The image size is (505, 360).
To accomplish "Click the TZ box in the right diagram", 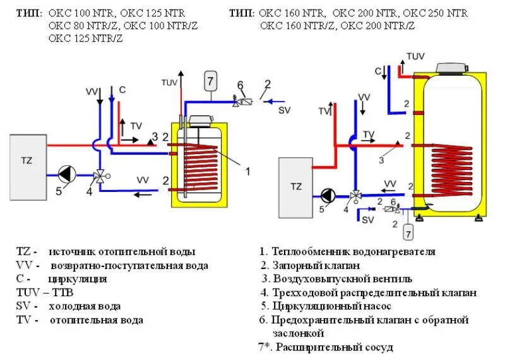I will tap(296, 186).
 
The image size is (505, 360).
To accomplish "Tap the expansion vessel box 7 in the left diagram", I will tap(211, 81).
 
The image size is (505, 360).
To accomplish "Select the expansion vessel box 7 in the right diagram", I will tap(408, 234).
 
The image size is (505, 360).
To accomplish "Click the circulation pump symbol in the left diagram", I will tap(66, 172).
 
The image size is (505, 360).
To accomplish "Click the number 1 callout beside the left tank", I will tap(247, 171).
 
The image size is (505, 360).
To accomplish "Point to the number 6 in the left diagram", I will tap(240, 85).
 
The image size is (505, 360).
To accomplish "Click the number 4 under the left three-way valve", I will tap(89, 190).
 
